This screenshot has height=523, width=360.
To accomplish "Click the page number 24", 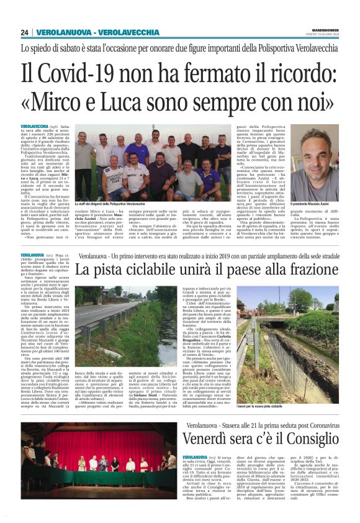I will (x=25, y=32).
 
